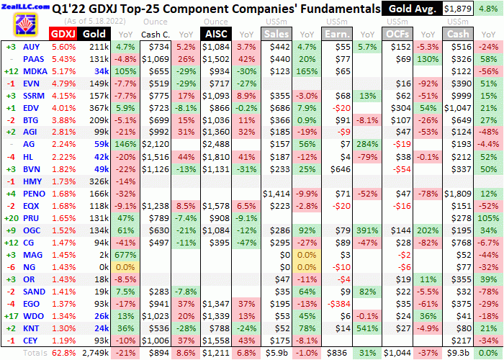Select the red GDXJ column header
[x=63, y=34]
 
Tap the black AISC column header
[x=217, y=34]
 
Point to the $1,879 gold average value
[x=459, y=9]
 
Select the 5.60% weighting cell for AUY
[x=63, y=46]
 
